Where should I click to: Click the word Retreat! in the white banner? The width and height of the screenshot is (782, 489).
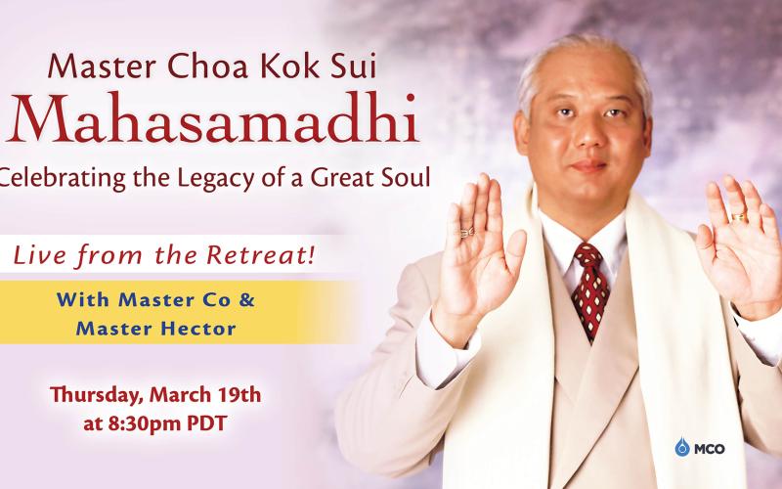(260, 255)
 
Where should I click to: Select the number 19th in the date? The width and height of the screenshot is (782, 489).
(240, 395)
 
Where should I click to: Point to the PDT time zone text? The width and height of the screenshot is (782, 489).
(206, 423)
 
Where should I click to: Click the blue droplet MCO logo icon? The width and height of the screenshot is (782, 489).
(681, 447)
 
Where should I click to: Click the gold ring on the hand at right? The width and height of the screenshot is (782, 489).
(738, 217)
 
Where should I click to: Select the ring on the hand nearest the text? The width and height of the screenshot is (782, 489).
(467, 233)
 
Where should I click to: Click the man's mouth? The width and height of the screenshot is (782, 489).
(588, 166)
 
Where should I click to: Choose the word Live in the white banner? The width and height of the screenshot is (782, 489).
(40, 255)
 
